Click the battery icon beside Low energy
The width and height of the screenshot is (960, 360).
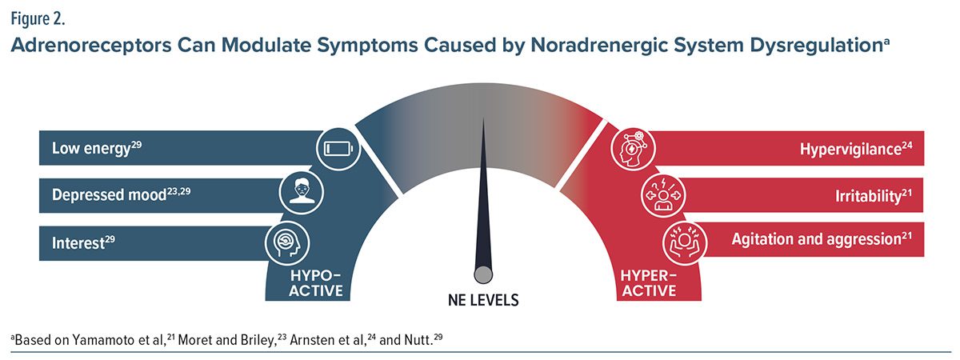click(x=338, y=149)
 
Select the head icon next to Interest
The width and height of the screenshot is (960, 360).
click(x=286, y=243)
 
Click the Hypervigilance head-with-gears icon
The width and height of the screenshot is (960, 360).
click(x=633, y=149)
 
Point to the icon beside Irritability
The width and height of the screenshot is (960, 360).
click(x=663, y=195)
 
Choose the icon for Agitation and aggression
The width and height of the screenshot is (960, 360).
click(x=685, y=242)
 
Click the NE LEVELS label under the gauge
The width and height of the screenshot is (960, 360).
click(x=483, y=300)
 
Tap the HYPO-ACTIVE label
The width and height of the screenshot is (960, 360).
click(x=316, y=283)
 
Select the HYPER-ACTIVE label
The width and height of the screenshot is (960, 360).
click(x=649, y=283)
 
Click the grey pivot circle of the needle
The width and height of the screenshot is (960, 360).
click(x=483, y=274)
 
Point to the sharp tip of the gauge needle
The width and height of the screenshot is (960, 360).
click(x=483, y=118)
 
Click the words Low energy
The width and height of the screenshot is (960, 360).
click(x=91, y=148)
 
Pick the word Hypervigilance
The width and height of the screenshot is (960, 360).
click(x=850, y=150)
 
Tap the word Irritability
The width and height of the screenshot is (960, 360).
click(x=868, y=196)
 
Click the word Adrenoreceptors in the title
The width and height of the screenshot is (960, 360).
click(x=91, y=46)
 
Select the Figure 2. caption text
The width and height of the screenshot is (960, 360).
click(x=38, y=19)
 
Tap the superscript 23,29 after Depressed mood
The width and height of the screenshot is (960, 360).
click(x=178, y=191)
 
